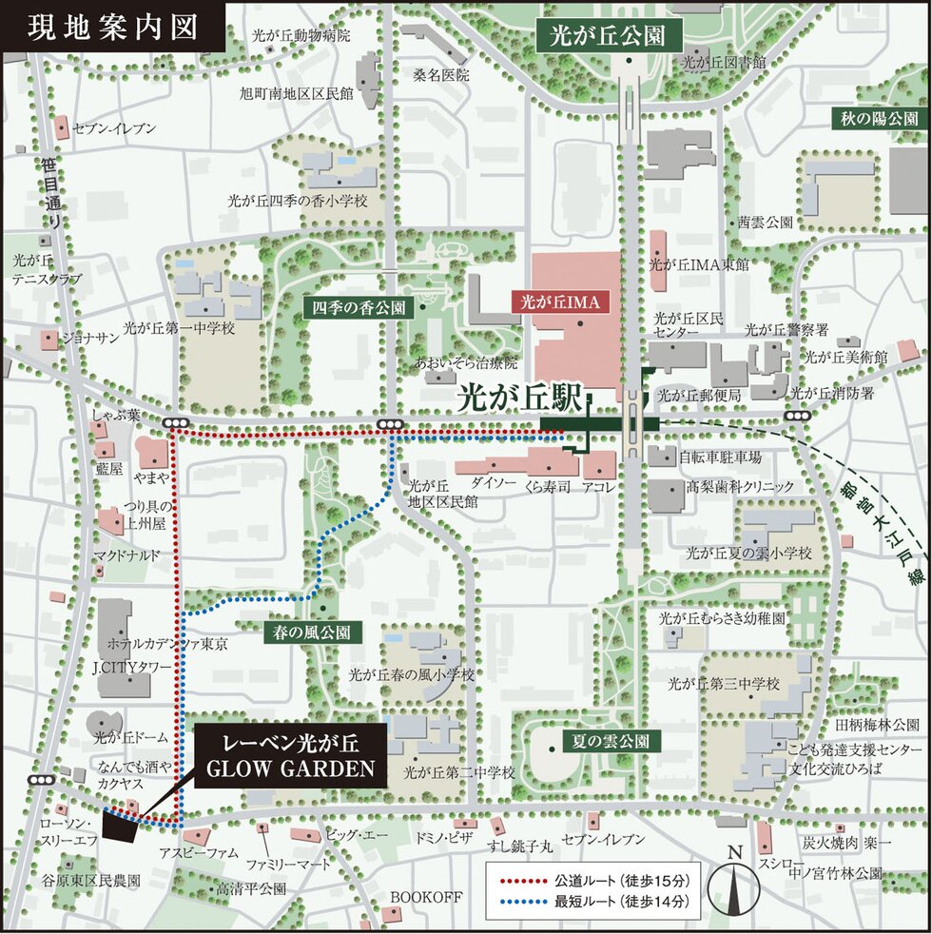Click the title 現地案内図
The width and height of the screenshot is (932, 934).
(112, 27)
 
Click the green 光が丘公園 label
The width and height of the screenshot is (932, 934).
(608, 37)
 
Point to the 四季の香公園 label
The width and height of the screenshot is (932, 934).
(355, 308)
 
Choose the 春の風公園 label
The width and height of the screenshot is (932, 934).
(313, 631)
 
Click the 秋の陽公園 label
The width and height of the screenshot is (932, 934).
(879, 119)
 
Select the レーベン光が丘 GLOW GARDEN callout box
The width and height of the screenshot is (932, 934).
(292, 754)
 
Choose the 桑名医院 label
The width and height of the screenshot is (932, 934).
(440, 74)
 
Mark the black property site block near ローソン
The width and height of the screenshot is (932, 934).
(120, 827)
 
